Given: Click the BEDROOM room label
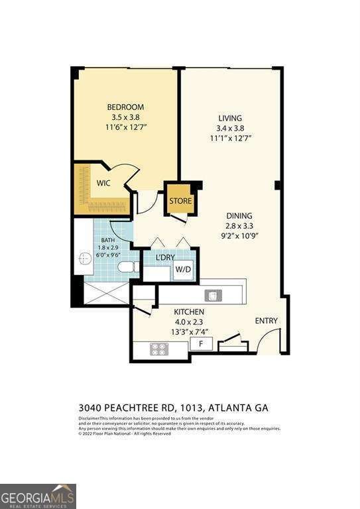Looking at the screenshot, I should (125, 107).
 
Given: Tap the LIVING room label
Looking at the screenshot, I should (229, 118).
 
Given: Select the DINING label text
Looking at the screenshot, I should (238, 215).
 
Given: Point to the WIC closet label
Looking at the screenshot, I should (103, 183).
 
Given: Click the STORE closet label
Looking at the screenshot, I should (180, 201).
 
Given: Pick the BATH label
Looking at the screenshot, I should (108, 241).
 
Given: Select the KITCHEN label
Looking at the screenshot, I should (189, 311).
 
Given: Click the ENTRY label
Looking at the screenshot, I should (267, 321).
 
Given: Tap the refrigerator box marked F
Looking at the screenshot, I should (201, 344).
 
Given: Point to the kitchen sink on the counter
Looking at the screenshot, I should (212, 295).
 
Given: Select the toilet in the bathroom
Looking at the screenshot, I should (126, 267).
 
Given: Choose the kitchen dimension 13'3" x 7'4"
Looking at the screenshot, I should (189, 331).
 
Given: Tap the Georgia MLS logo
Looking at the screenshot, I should (38, 496).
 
